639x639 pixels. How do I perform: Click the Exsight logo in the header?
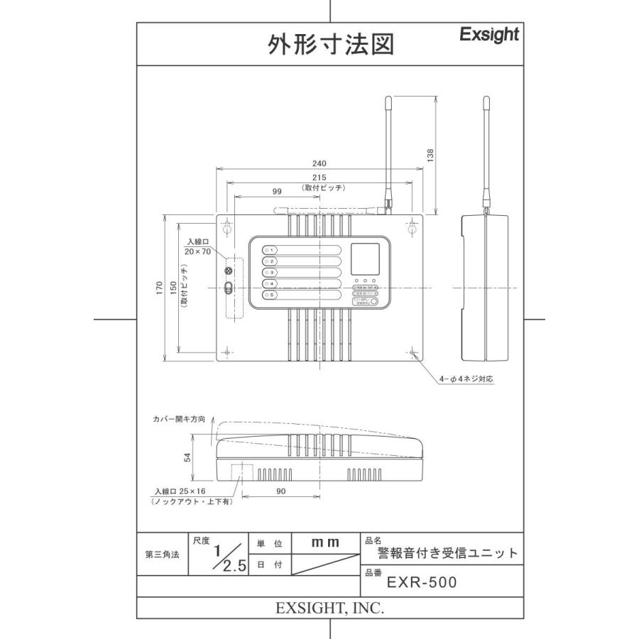pyautogui.click(x=488, y=35)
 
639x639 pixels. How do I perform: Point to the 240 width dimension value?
pyautogui.click(x=322, y=163)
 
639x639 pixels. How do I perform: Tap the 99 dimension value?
pyautogui.click(x=277, y=191)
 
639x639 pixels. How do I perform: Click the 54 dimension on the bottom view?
pyautogui.click(x=187, y=458)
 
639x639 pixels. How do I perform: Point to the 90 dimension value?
pyautogui.click(x=280, y=491)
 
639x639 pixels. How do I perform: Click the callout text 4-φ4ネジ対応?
pyautogui.click(x=466, y=379)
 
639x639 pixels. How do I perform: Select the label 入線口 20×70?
pyautogui.click(x=197, y=246)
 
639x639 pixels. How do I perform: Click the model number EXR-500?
pyautogui.click(x=422, y=583)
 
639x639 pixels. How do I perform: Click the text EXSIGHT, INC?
pyautogui.click(x=330, y=608)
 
